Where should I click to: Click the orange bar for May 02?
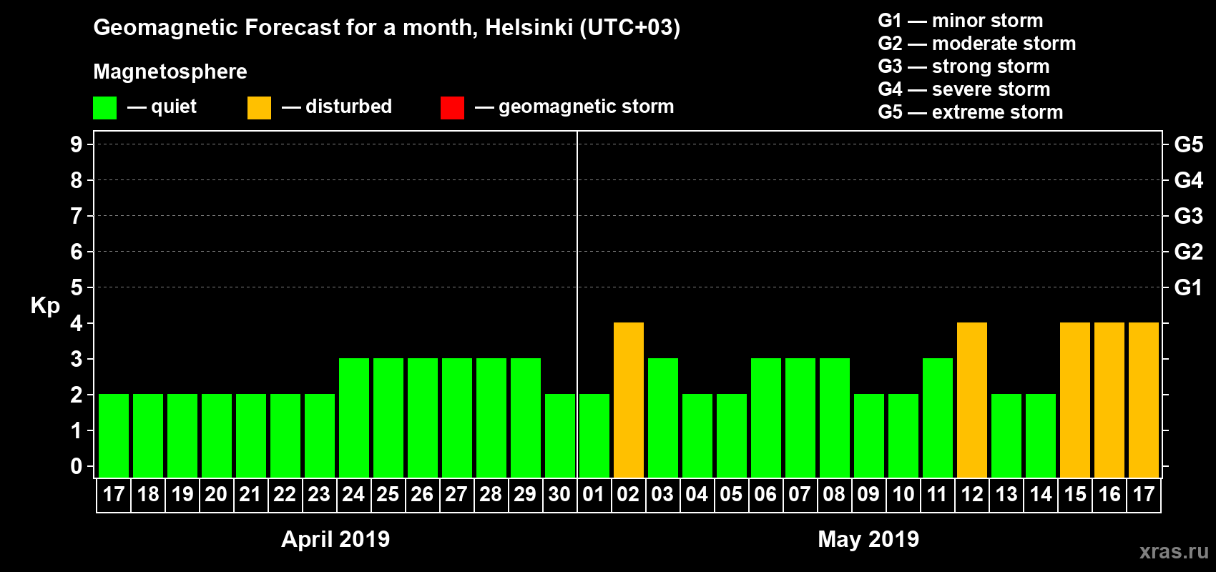point(629,400)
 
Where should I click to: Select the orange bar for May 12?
point(972,400)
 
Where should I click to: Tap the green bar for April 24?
point(354,418)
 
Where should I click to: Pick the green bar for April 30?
point(560,435)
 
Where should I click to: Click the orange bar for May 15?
point(1075,400)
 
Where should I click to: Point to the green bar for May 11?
point(938,418)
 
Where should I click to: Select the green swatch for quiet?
point(104,108)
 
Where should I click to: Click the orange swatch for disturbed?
point(259,108)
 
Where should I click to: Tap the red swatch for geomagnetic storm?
point(452,108)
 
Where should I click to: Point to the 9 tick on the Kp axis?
point(77,144)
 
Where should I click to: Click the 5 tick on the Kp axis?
point(77,287)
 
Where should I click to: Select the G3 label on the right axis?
point(1188,216)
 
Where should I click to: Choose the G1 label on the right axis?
point(1188,287)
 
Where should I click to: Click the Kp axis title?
point(45,305)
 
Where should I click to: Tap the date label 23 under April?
point(319,494)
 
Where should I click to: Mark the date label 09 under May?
point(868,494)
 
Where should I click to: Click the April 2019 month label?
point(335,538)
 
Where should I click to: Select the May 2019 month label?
point(868,538)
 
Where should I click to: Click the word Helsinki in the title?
point(529,27)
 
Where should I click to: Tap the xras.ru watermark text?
point(1174,551)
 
